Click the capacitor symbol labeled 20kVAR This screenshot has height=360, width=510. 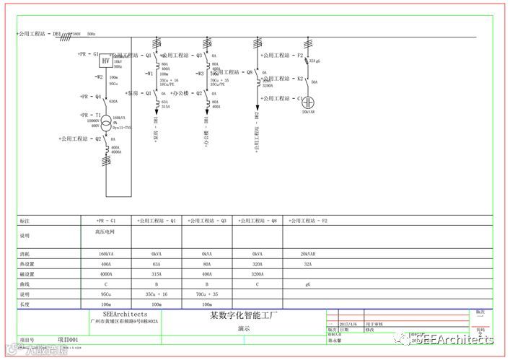click(x=308, y=99)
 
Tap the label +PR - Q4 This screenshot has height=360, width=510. click(x=89, y=96)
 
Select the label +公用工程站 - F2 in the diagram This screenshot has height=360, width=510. click(x=281, y=55)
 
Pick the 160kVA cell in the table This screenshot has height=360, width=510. click(x=105, y=255)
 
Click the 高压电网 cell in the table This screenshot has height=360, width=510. click(x=105, y=232)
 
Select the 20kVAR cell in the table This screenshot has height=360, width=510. click(x=308, y=255)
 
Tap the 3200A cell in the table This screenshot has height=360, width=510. click(x=258, y=274)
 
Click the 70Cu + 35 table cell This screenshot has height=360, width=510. click(x=207, y=294)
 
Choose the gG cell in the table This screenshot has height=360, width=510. click(x=308, y=284)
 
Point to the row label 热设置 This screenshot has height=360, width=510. click(x=26, y=265)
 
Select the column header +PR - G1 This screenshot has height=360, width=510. click(x=105, y=220)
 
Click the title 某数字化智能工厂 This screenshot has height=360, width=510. click(x=243, y=316)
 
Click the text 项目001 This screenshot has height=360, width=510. click(x=68, y=339)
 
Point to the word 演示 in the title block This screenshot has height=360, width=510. click(x=243, y=328)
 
